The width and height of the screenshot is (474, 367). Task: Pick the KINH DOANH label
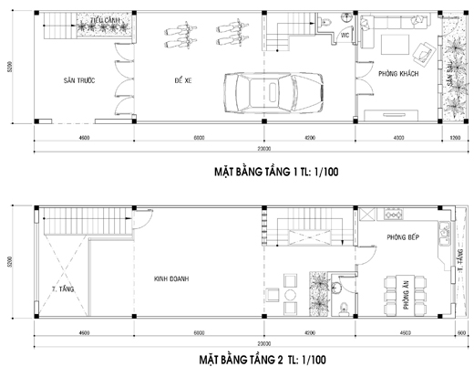pos(171,279)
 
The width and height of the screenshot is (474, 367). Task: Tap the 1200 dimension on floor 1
pos(455,138)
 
